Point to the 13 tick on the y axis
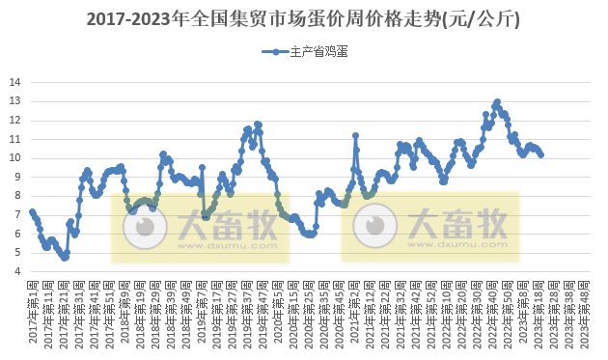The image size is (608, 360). (14, 101)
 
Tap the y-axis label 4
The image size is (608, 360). (16, 271)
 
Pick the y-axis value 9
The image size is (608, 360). (16, 177)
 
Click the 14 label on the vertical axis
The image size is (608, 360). (14, 82)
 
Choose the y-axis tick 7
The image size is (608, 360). (16, 214)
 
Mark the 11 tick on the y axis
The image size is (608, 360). (14, 139)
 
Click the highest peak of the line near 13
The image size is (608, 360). (497, 101)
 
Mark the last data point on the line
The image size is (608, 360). (541, 154)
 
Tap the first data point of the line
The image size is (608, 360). (32, 211)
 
